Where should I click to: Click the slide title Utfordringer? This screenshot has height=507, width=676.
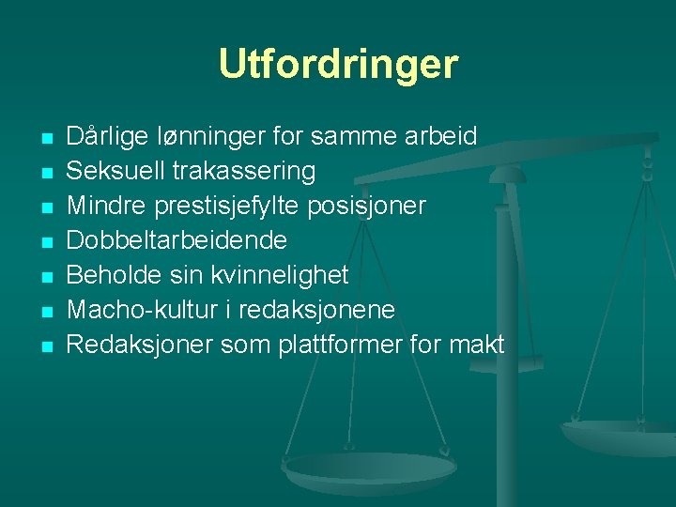[x=338, y=64]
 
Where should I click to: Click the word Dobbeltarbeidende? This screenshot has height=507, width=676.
[x=177, y=240]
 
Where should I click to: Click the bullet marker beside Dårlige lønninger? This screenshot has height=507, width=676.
[x=46, y=139]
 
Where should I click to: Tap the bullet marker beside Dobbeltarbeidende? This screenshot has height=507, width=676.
[x=46, y=242]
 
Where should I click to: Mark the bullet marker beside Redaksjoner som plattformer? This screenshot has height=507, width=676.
[x=46, y=346]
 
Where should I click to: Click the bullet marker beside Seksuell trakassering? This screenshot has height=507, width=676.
[x=46, y=173]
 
